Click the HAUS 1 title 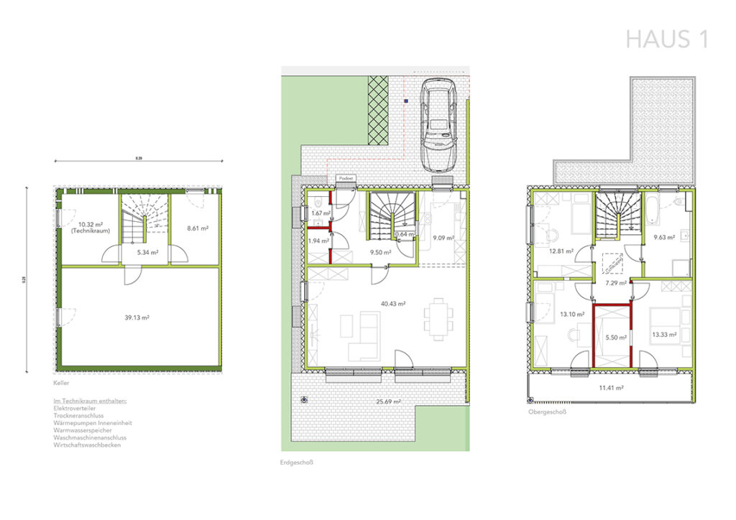click(x=667, y=40)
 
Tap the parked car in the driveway click(x=438, y=124)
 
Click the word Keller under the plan click(x=61, y=384)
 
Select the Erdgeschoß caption click(x=297, y=463)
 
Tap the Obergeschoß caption click(x=544, y=412)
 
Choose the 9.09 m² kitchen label click(x=441, y=238)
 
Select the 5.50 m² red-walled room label click(x=616, y=337)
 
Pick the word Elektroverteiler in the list click(x=73, y=407)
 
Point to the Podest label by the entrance click(x=346, y=177)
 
